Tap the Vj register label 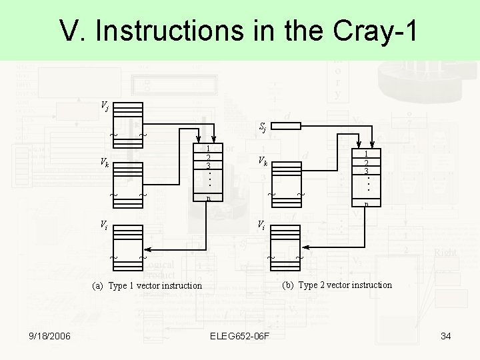(105, 105)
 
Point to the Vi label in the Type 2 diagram (263, 225)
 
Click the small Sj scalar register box (287, 125)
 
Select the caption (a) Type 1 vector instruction (147, 285)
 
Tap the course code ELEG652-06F (239, 336)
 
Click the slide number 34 (446, 336)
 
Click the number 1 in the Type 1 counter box (209, 149)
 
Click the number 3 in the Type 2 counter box (366, 171)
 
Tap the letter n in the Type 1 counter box (209, 198)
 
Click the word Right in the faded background (445, 253)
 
